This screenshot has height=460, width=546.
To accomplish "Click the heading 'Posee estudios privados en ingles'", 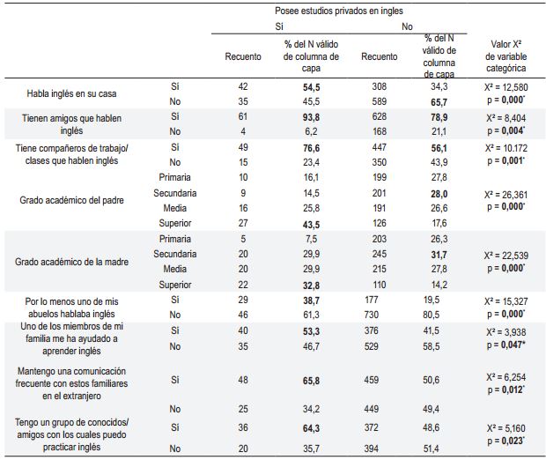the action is (x=339, y=11).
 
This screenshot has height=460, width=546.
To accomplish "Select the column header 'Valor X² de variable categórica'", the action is (x=505, y=56).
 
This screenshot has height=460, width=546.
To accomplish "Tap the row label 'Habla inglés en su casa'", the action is (x=71, y=93).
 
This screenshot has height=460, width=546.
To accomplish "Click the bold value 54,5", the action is (x=311, y=87).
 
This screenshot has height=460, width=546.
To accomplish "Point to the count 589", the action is (x=379, y=101).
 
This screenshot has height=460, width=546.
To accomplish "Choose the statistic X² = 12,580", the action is (x=506, y=87).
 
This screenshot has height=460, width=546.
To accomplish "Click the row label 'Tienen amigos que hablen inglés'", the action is (x=71, y=124).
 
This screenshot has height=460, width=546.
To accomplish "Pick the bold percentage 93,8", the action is (x=311, y=117).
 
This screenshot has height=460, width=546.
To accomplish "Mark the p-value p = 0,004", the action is (x=506, y=130).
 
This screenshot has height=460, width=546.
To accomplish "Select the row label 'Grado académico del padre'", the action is (x=71, y=200).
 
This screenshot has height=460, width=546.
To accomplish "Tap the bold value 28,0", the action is (x=439, y=194).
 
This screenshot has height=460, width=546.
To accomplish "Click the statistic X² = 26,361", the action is (x=506, y=195).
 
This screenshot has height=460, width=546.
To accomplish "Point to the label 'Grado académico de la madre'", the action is (x=71, y=262).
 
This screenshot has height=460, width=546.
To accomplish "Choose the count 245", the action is (x=379, y=254).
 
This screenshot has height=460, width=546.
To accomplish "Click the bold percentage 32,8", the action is (x=311, y=286).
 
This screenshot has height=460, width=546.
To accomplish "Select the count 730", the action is (x=372, y=315).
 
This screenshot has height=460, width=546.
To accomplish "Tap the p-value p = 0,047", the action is (x=506, y=345).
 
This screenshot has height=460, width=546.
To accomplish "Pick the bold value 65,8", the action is (x=311, y=380).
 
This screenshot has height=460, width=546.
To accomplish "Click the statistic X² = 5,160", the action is (x=506, y=428).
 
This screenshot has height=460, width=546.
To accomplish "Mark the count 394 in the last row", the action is (x=372, y=449).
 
